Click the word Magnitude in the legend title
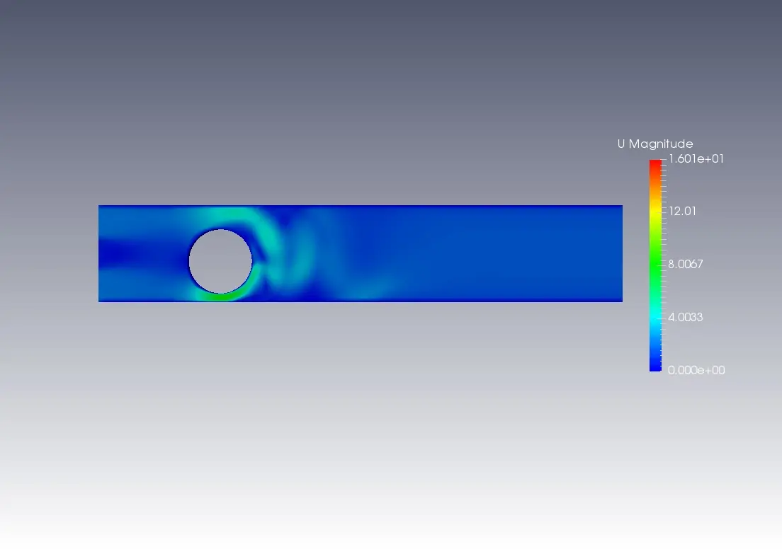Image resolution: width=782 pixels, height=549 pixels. click(x=661, y=144)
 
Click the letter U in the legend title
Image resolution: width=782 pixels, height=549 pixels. click(x=621, y=144)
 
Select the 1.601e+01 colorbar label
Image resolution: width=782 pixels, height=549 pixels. click(x=696, y=159)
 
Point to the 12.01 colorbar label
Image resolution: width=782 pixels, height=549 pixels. click(x=682, y=212)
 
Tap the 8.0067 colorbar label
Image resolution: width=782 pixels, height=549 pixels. click(x=685, y=264)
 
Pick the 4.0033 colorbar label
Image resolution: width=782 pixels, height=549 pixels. click(x=685, y=318)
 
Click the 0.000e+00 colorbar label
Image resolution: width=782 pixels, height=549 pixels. click(x=696, y=370)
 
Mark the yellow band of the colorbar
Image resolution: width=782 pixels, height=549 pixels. click(x=655, y=212)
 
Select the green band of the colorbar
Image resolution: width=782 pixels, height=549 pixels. click(x=655, y=264)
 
